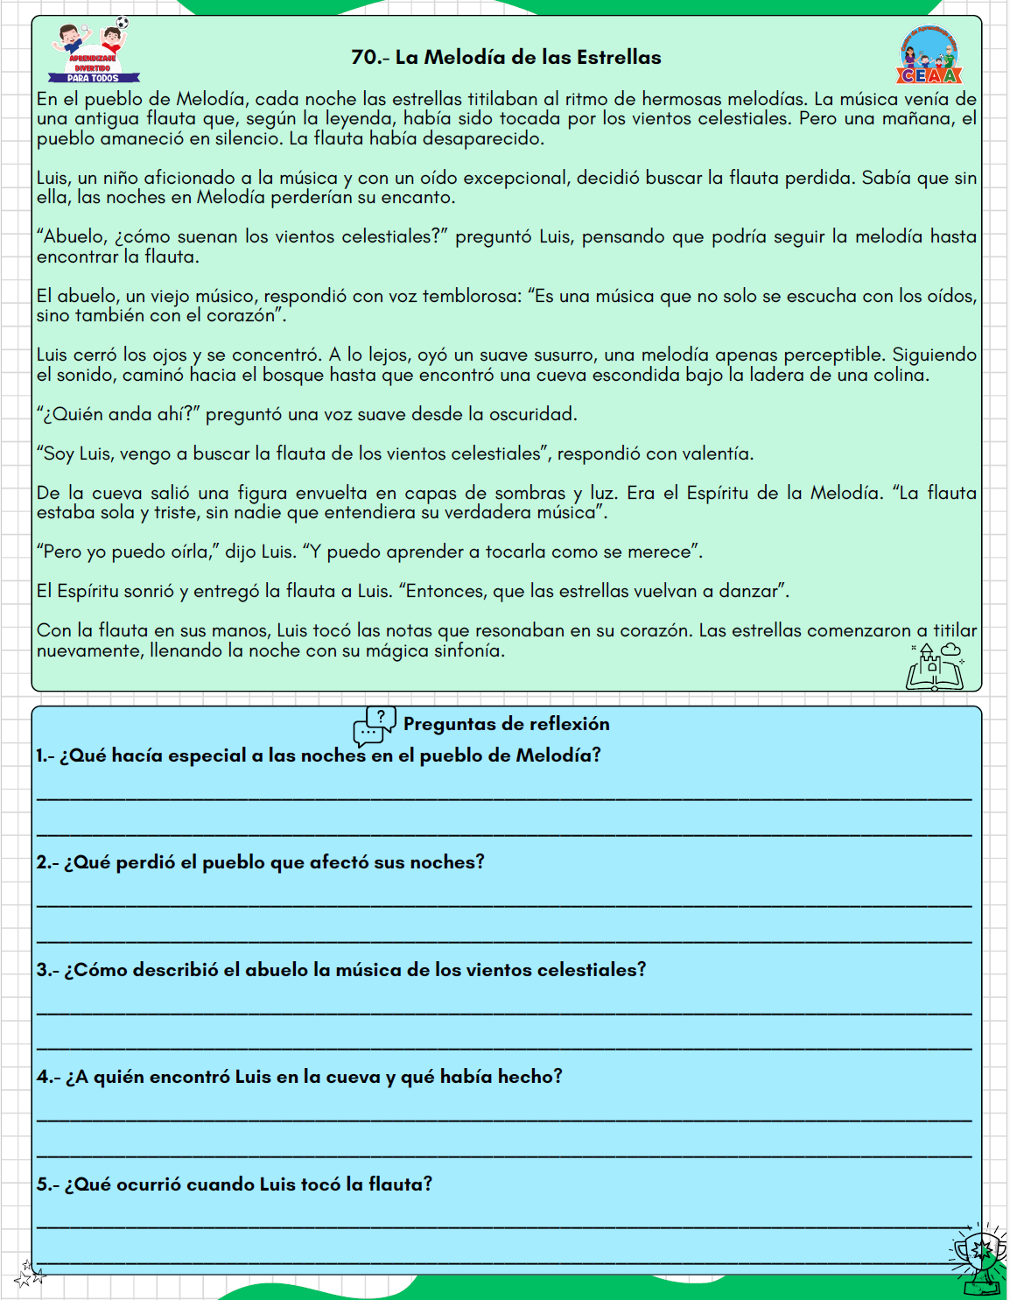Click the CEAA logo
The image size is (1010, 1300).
click(929, 55)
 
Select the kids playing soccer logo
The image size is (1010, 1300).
click(94, 50)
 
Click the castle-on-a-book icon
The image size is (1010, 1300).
click(934, 667)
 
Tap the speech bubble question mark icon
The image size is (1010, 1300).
click(375, 726)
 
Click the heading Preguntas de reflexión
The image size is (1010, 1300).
click(506, 724)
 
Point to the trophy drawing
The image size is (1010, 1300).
click(979, 1259)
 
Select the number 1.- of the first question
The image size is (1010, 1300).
click(45, 755)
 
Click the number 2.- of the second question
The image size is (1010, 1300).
click(47, 862)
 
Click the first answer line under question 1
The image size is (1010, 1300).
click(504, 798)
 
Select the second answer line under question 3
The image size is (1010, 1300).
click(504, 1048)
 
